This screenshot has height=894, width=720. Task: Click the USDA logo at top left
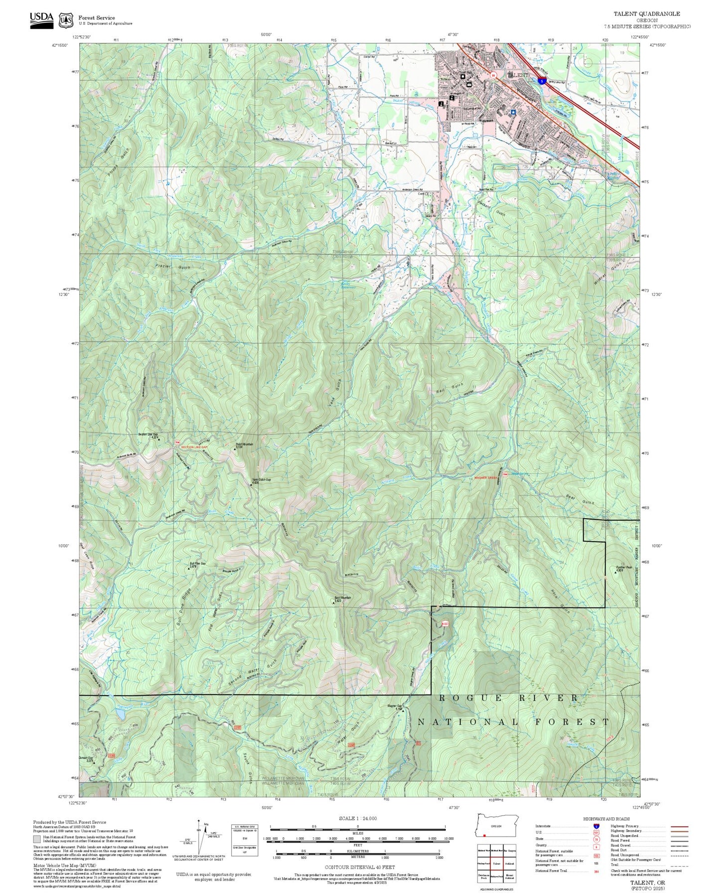click(x=41, y=20)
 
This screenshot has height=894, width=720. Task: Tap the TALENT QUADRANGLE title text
click(x=646, y=14)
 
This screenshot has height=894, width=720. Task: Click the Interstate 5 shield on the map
click(x=541, y=80)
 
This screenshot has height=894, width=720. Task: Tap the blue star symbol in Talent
click(x=513, y=113)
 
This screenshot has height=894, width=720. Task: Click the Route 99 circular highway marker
click(x=493, y=75)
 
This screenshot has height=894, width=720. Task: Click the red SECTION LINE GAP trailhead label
click(x=194, y=447)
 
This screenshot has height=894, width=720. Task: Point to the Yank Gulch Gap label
click(x=261, y=481)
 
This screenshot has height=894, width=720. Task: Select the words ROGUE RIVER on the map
click(x=508, y=698)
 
